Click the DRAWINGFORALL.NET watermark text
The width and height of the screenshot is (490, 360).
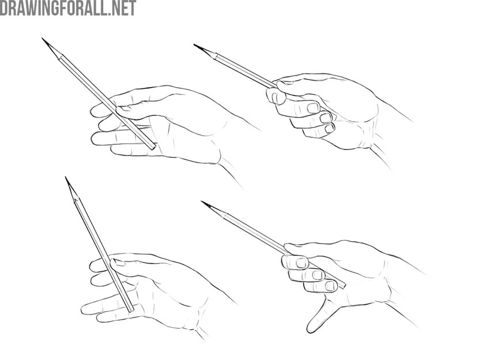click(x=68, y=8)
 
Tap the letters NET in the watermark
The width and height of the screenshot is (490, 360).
click(x=123, y=8)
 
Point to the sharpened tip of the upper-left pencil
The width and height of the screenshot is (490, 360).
click(x=42, y=39)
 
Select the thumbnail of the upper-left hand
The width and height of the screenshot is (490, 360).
click(x=124, y=108)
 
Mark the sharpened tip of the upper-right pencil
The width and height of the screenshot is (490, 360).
click(x=194, y=45)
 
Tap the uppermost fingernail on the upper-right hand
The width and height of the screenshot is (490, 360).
click(x=313, y=107)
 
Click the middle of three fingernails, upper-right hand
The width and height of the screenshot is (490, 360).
click(x=326, y=118)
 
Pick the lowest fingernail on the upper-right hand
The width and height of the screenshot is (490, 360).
click(x=329, y=128)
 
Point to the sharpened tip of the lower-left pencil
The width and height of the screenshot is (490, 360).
click(x=66, y=177)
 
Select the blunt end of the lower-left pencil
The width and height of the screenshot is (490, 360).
click(x=131, y=310)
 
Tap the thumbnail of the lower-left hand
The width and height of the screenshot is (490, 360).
click(x=119, y=262)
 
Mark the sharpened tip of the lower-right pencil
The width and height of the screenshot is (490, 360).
click(x=202, y=202)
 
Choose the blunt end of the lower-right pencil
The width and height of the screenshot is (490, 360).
click(x=343, y=285)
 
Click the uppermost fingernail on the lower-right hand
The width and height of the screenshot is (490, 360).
click(x=301, y=262)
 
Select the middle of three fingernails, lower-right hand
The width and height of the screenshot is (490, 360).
click(x=318, y=275)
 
